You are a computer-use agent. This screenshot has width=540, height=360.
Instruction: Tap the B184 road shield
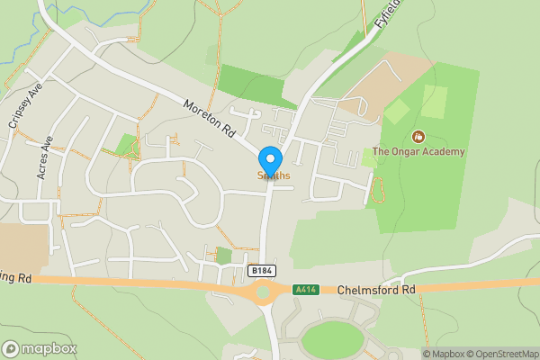coord(260,270)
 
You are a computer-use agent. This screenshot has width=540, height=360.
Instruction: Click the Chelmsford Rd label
coord(376,290)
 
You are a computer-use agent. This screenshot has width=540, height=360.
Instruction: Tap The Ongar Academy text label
coord(418,152)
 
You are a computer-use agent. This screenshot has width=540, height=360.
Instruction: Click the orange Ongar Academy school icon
coord(418,136)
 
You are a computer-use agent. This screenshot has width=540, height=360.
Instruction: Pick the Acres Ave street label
coord(46,158)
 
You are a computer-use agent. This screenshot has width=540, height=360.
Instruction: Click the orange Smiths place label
coord(274,175)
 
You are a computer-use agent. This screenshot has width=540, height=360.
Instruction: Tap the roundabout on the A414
coord(263,291)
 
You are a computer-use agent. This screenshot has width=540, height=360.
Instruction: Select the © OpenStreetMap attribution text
coord(503,353)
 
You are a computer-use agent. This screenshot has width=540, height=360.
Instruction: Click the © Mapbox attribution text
coord(444,353)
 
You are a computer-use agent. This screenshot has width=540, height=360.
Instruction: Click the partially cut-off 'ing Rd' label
coord(15,279)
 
